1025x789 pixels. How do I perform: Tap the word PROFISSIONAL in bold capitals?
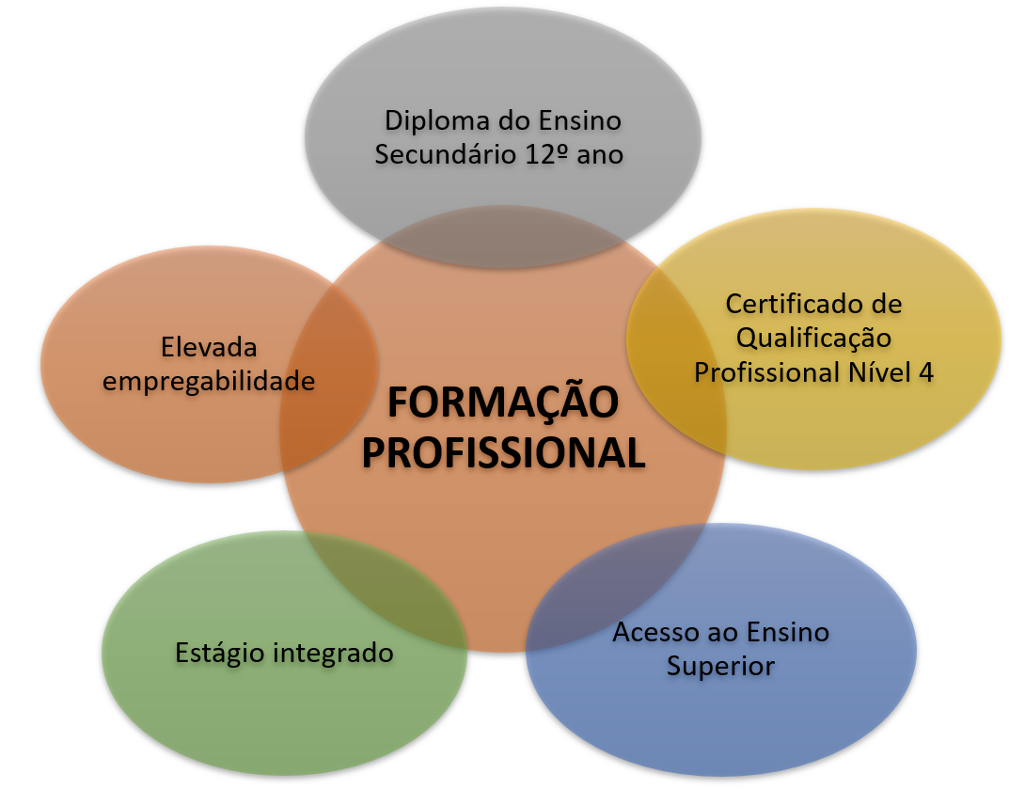503,453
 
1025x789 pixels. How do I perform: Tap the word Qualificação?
813,338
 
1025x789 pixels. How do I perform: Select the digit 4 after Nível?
926,371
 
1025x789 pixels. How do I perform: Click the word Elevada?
209,347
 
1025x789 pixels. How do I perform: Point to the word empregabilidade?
209,381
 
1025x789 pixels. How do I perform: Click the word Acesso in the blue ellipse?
653,632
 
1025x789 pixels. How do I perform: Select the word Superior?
720,666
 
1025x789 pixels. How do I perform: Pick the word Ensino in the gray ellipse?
579,121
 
